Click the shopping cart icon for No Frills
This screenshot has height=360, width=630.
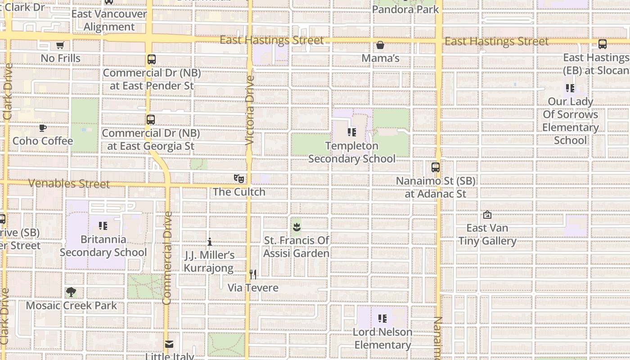(x=60, y=45)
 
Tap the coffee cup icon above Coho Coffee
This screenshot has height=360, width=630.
(x=43, y=128)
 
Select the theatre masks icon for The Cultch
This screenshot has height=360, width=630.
(x=239, y=179)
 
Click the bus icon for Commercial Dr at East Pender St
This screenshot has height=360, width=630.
(x=152, y=59)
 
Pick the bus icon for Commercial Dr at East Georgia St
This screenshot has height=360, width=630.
(x=151, y=120)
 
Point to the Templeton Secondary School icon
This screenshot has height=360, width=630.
(x=352, y=132)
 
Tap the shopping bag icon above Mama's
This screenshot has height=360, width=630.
(x=380, y=45)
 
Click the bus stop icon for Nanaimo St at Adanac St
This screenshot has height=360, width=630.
(x=435, y=167)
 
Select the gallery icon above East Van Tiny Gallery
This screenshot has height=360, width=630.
(x=487, y=215)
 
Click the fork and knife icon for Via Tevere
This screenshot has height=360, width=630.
(x=253, y=274)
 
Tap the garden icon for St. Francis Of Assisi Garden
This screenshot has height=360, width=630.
(x=296, y=227)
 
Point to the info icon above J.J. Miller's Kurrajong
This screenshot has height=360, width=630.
(x=209, y=242)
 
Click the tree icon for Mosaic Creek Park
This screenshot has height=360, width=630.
(x=71, y=292)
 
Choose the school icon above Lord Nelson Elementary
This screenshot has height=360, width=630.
(x=382, y=319)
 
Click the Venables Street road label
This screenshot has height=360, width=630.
(x=69, y=184)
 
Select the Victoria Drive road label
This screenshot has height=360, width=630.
(x=250, y=110)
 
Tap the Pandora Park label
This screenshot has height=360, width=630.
(x=405, y=9)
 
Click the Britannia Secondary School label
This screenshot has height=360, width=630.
(x=103, y=246)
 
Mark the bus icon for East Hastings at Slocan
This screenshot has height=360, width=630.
(x=602, y=44)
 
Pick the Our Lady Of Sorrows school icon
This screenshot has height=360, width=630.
(x=570, y=88)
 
